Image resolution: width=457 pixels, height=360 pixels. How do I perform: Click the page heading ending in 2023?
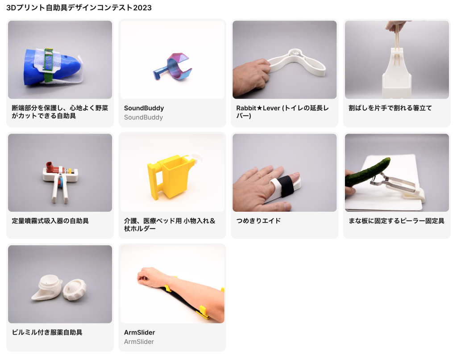click(79, 8)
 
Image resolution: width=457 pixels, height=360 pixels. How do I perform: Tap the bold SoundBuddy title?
click(144, 108)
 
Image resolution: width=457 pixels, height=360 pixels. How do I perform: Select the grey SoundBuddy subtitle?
click(143, 117)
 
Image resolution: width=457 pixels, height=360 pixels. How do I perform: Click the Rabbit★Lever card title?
click(283, 112)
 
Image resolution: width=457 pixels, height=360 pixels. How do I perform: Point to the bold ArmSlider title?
click(139, 332)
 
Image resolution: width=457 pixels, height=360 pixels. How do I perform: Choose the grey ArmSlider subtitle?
click(139, 342)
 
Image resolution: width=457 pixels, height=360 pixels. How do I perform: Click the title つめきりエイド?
click(258, 221)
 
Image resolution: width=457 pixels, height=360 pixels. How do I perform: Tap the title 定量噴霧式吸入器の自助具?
click(50, 221)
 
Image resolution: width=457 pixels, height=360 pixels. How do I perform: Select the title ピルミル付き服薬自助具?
click(47, 332)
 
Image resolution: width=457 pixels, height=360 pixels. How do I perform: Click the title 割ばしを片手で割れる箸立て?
click(390, 108)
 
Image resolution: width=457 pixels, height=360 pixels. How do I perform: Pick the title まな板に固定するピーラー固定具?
click(396, 221)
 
